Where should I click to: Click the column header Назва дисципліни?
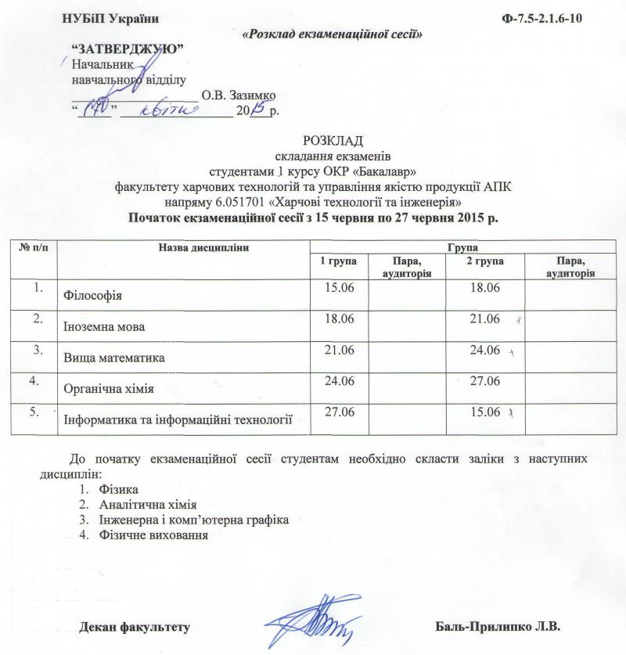[x=204, y=247]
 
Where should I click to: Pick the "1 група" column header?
[x=325, y=260]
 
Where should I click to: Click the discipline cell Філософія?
[x=93, y=296]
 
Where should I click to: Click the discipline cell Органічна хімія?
[x=108, y=387]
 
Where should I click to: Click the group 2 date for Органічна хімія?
[x=483, y=381]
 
